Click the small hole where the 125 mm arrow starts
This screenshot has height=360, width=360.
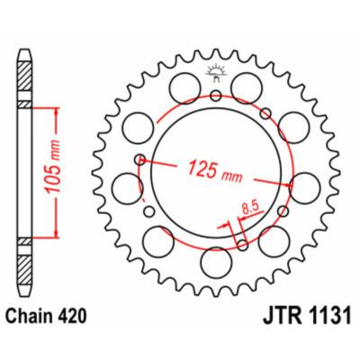click(x=139, y=161)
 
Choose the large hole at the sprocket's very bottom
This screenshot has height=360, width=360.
click(x=216, y=262)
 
